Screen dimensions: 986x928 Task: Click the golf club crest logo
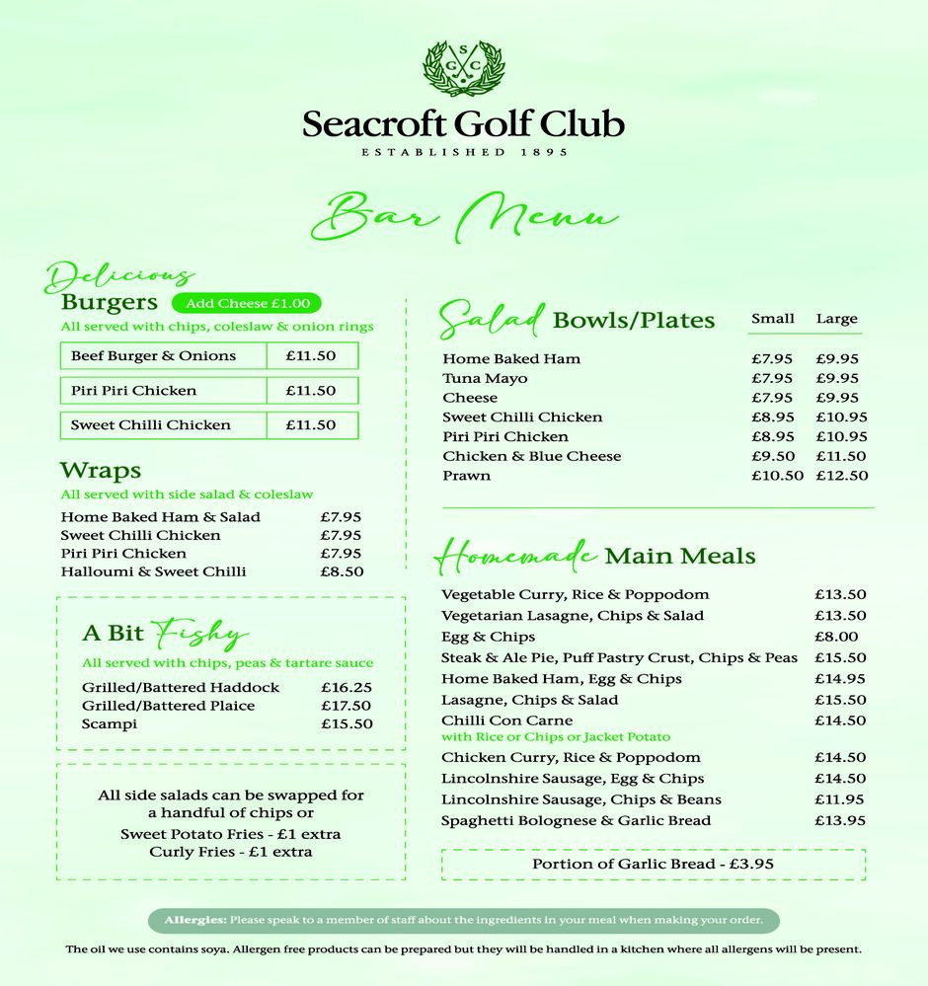(463, 68)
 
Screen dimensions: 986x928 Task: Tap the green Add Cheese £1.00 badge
(247, 304)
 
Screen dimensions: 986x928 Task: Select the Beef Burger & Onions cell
(154, 356)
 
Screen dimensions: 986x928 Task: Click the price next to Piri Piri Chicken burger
(311, 391)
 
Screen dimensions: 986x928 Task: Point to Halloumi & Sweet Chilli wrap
(153, 571)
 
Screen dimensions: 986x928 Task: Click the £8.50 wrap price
(342, 571)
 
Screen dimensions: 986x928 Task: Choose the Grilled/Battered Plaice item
(168, 706)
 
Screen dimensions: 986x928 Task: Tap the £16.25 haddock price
(346, 687)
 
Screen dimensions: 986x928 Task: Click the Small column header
(772, 319)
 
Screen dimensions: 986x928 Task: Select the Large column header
(836, 319)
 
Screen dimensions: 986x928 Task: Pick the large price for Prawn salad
(841, 476)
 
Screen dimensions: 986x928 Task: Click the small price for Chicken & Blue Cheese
(772, 456)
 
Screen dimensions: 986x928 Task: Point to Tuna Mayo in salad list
(485, 378)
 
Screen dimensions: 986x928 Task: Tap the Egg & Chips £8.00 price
(836, 637)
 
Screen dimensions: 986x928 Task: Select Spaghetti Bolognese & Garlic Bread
(576, 820)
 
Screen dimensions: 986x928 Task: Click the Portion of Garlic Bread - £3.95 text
(653, 864)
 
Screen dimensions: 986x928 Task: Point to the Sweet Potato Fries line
(230, 834)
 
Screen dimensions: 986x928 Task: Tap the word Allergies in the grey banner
(195, 920)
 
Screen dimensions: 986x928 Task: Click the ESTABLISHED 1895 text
(463, 152)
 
